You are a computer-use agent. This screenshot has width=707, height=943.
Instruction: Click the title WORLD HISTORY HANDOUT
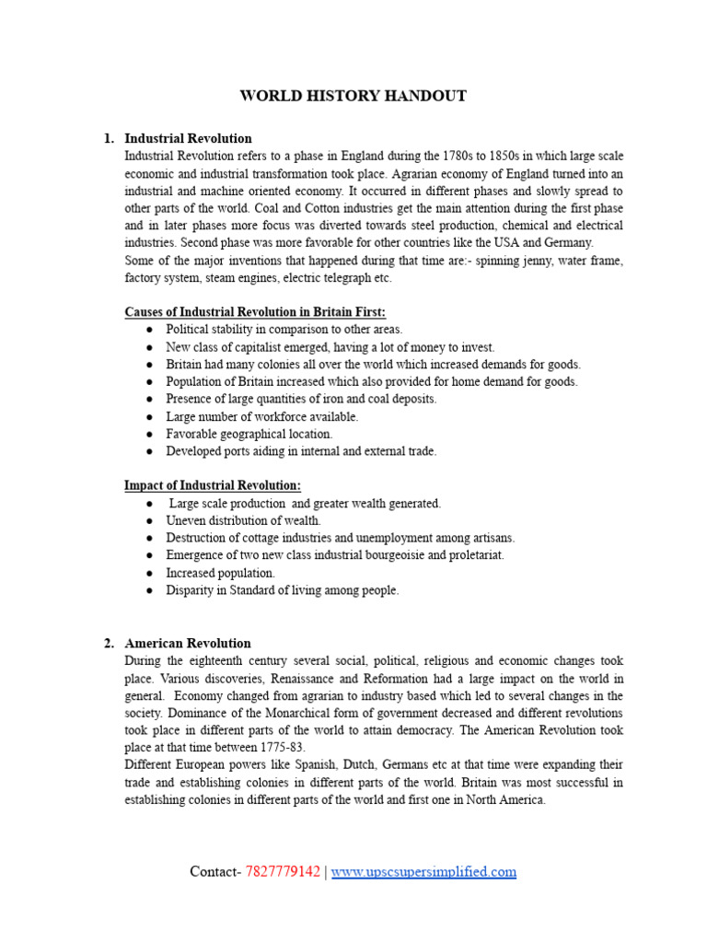[x=353, y=96]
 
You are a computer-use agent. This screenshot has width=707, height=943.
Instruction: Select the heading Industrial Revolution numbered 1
[x=188, y=139]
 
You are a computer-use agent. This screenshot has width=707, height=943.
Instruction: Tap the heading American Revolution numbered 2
[x=188, y=644]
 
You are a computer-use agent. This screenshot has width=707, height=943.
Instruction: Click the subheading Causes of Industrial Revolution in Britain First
[x=255, y=312]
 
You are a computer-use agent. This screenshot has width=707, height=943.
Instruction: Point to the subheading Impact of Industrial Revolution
[x=213, y=485]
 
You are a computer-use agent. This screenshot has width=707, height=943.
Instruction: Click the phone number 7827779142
[x=283, y=872]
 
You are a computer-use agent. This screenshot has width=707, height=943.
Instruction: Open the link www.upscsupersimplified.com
[x=423, y=872]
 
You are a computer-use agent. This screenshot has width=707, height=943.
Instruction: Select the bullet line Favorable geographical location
[x=249, y=434]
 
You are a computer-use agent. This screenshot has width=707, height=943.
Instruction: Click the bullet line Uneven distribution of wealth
[x=243, y=521]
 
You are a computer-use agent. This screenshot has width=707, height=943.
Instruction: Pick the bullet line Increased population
[x=220, y=573]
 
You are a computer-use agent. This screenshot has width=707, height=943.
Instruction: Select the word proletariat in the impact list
[x=473, y=555]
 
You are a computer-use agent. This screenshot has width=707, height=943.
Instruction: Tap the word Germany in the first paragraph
[x=570, y=243]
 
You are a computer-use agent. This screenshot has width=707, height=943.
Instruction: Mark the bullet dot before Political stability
[x=149, y=330]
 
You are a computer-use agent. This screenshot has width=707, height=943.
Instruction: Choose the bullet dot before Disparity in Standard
[x=149, y=591]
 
